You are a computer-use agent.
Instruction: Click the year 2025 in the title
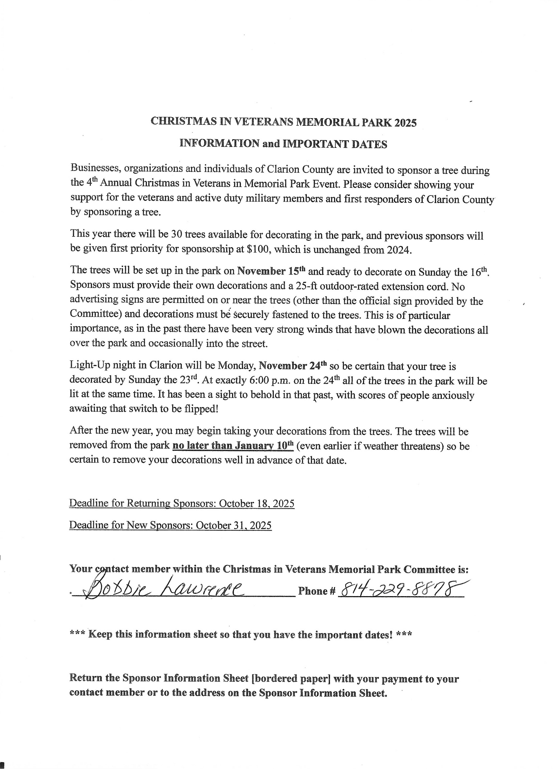pyautogui.click(x=405, y=123)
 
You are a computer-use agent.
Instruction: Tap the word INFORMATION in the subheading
pyautogui.click(x=219, y=144)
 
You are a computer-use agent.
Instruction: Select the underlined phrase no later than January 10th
pyautogui.click(x=233, y=445)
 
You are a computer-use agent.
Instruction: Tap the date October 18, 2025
pyautogui.click(x=257, y=504)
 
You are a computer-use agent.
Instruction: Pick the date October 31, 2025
pyautogui.click(x=234, y=525)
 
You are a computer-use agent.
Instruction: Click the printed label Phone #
pyautogui.click(x=317, y=591)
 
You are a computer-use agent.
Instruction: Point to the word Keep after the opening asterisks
pyautogui.click(x=100, y=634)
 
